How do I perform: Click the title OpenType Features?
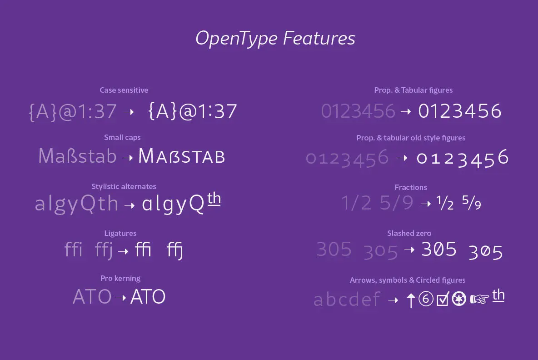[275, 39]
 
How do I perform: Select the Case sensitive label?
[124, 90]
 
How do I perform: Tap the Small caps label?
[122, 137]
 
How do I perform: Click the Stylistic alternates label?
[124, 186]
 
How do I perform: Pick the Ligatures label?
[120, 233]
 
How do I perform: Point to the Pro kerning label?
[120, 278]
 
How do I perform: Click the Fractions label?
[411, 187]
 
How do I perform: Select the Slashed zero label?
[409, 233]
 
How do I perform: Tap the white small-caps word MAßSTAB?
[181, 156]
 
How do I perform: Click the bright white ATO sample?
[148, 296]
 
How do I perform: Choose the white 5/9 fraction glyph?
[472, 202]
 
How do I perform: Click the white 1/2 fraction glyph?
[445, 202]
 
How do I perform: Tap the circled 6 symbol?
[426, 299]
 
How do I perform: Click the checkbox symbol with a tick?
[443, 299]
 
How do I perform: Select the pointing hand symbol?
[479, 299]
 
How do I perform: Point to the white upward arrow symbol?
[411, 300]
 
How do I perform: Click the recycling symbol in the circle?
[459, 299]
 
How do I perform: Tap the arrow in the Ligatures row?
[123, 251]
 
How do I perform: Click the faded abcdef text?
[347, 299]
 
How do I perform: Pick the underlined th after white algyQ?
[214, 199]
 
